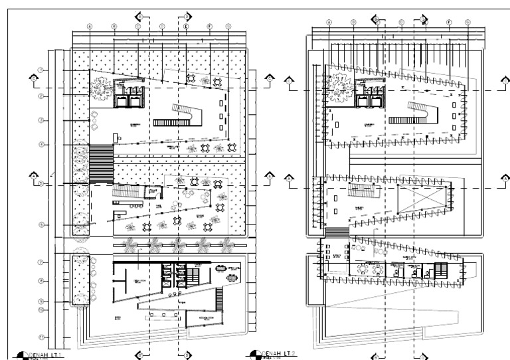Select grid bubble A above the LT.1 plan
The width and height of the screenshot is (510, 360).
tap(89, 27)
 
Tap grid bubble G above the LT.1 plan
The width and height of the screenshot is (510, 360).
tap(228, 27)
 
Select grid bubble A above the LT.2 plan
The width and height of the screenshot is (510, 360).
tap(328, 22)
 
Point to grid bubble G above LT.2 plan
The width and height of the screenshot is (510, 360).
tap(468, 22)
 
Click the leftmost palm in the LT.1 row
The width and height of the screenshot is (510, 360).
tap(131, 246)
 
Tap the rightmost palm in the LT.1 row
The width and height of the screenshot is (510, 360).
tap(224, 246)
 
